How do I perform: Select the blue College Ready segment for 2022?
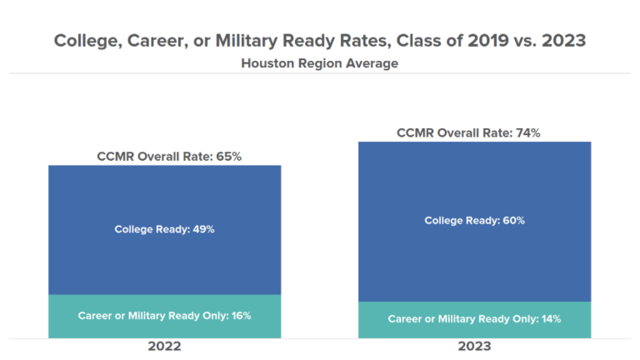tap(164, 200)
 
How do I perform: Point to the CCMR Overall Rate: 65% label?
tap(164, 156)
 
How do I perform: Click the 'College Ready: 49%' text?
tap(164, 229)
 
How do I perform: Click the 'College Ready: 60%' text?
tap(474, 221)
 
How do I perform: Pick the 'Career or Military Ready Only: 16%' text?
tap(164, 316)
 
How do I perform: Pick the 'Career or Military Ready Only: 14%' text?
tap(474, 319)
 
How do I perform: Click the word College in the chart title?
tap(87, 40)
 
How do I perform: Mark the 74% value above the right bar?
tap(528, 132)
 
